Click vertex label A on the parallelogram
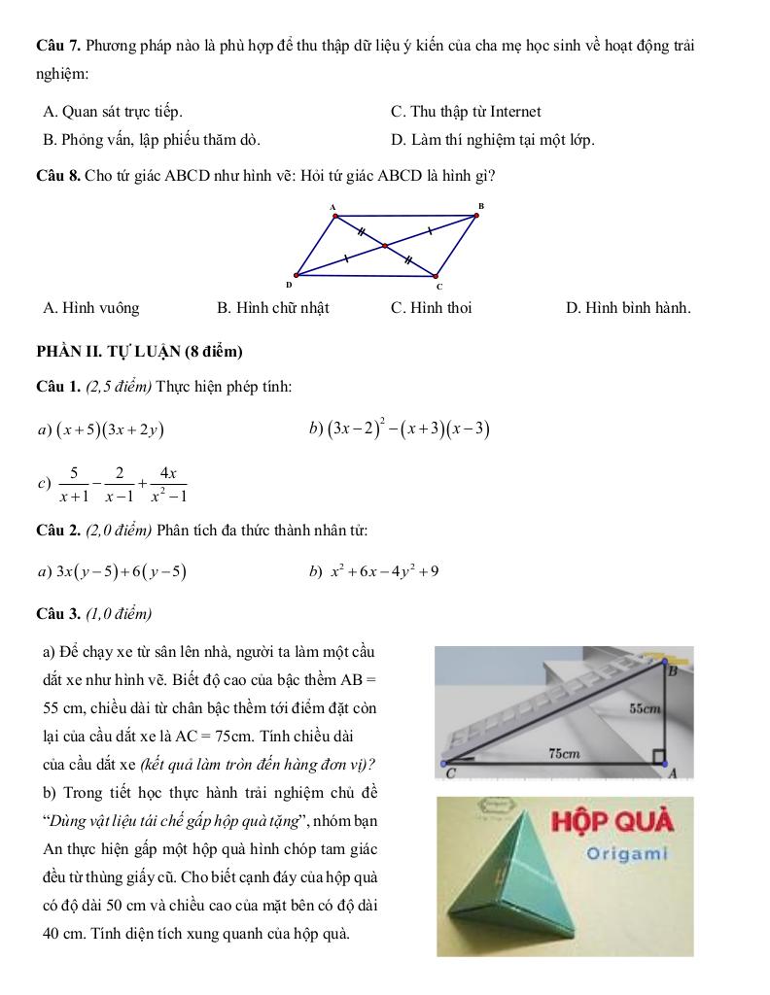[x=332, y=206]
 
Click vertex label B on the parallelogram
[x=479, y=205]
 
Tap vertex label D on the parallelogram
[x=288, y=286]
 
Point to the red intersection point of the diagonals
[x=385, y=246]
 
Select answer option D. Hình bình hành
[x=628, y=308]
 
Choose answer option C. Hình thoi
[x=431, y=308]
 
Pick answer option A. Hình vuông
[x=91, y=308]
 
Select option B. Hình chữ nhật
[x=273, y=308]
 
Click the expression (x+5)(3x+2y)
[x=109, y=429]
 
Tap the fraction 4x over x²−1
[x=168, y=483]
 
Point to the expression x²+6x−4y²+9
[x=385, y=571]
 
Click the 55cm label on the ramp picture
[x=645, y=709]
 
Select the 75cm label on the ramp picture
[x=564, y=753]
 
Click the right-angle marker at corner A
[x=659, y=757]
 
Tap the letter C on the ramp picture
[x=450, y=775]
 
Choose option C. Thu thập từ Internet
[x=466, y=112]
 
